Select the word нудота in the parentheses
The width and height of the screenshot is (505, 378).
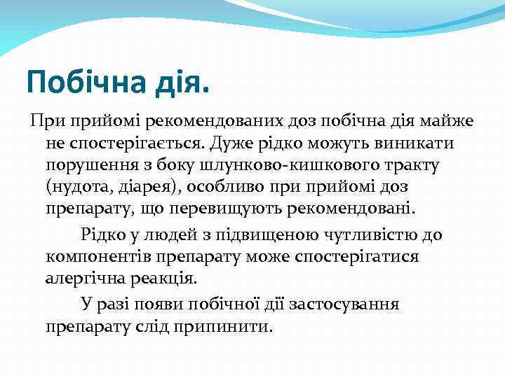click(79, 187)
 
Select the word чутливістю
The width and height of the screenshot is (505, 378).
click(372, 234)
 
